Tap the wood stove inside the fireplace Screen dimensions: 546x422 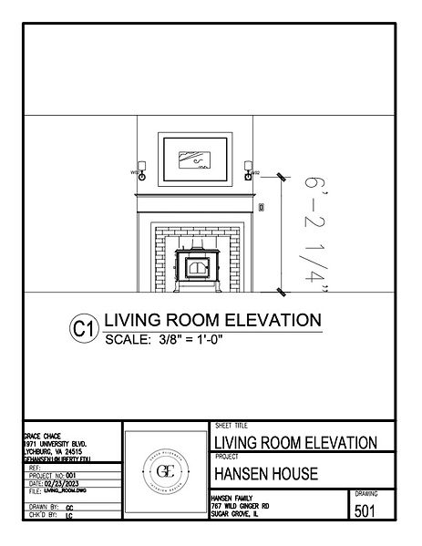point(196,269)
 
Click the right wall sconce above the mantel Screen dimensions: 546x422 point(248,170)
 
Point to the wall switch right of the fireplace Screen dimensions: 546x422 point(262,208)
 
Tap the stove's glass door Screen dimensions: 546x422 point(196,267)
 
